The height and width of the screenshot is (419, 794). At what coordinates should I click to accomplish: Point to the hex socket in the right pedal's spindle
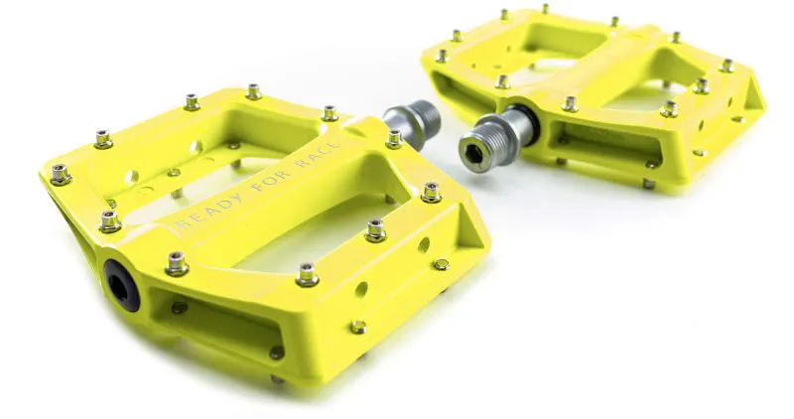[477, 154]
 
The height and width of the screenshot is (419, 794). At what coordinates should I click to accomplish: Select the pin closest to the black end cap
[177, 262]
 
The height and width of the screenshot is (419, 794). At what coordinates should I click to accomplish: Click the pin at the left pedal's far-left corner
[60, 174]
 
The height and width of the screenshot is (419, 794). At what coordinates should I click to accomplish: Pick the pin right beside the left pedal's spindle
[394, 137]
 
